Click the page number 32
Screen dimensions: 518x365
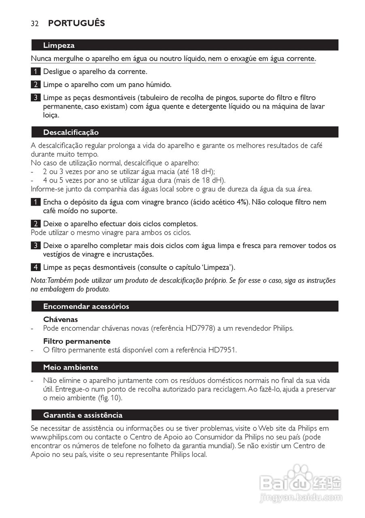[x=34, y=23]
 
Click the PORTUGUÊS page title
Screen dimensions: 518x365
[x=76, y=23]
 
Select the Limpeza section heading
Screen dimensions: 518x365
[x=59, y=45]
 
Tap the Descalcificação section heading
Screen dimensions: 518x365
[x=71, y=132]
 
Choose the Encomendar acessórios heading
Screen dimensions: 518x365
[x=86, y=306]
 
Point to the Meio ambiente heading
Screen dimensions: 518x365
[x=70, y=367]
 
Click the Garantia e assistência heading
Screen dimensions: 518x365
[x=83, y=415]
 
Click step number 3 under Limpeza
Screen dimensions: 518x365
[x=36, y=98]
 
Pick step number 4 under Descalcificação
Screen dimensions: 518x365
[x=36, y=267]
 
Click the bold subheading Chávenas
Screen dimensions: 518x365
[x=60, y=320]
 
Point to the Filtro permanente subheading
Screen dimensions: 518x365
[x=76, y=341]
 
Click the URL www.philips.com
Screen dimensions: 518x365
[x=56, y=437]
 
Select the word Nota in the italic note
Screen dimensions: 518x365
[x=38, y=281]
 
